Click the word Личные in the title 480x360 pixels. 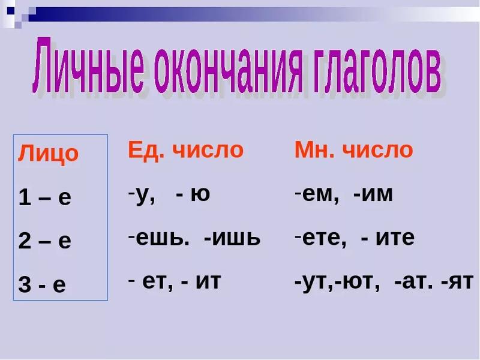pyautogui.click(x=88, y=65)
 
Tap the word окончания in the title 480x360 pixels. pyautogui.click(x=228, y=70)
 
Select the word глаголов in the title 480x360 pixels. pyautogui.click(x=377, y=70)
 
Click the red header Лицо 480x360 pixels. pyautogui.click(x=49, y=154)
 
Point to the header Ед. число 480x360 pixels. pyautogui.click(x=186, y=150)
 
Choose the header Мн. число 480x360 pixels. pyautogui.click(x=354, y=150)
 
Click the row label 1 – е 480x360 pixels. pyautogui.click(x=44, y=197)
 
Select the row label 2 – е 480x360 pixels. pyautogui.click(x=44, y=241)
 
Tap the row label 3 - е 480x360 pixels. pyautogui.click(x=42, y=284)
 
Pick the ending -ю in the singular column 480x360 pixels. pyautogui.click(x=193, y=194)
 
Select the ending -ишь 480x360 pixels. pyautogui.click(x=232, y=238)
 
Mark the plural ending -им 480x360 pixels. pyautogui.click(x=373, y=194)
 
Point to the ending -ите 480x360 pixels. pyautogui.click(x=388, y=238)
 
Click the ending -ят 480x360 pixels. pyautogui.click(x=457, y=281)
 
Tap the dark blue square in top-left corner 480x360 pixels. pyautogui.click(x=11, y=11)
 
